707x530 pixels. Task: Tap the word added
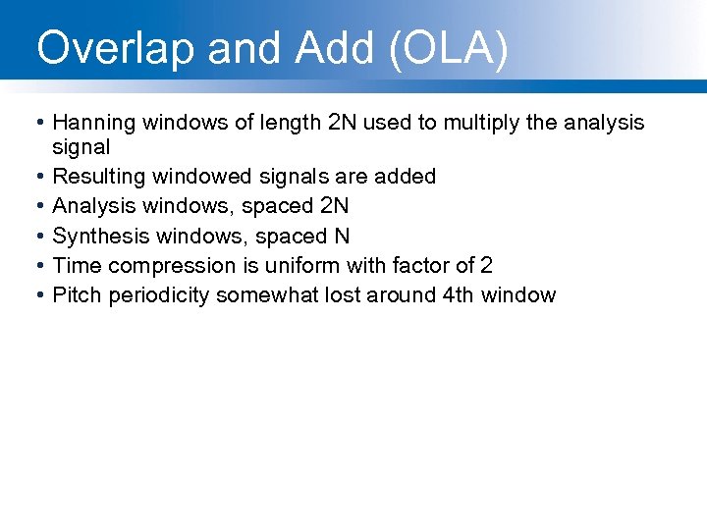[404, 177]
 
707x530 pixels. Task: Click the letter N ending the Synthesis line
[342, 237]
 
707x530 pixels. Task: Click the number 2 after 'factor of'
[487, 266]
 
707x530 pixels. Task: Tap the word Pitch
[76, 295]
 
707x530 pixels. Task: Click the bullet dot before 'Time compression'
[36, 266]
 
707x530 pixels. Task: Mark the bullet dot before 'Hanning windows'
[36, 123]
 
